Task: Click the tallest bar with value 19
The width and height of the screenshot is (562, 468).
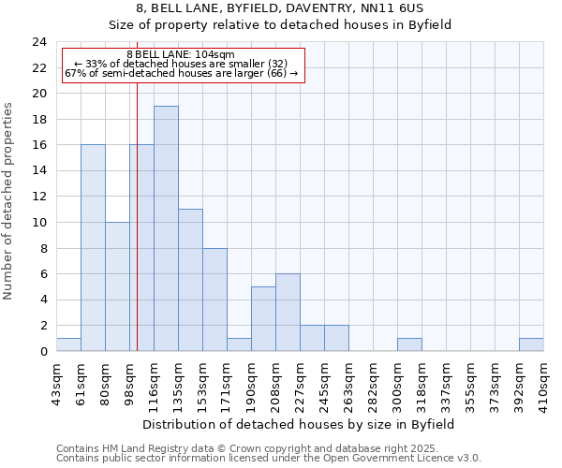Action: coord(166,228)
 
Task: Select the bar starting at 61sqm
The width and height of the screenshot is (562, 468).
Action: coord(93,248)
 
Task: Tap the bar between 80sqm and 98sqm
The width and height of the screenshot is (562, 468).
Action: coord(117,286)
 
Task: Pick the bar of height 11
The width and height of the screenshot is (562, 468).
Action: coord(190,280)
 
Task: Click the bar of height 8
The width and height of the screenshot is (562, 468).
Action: coord(214,300)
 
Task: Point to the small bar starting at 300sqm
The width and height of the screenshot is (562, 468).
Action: coord(409,344)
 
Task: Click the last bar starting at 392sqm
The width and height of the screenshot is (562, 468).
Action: coord(531,344)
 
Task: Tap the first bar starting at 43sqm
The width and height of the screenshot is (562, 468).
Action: coord(68,344)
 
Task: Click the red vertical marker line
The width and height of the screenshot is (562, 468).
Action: coord(137,234)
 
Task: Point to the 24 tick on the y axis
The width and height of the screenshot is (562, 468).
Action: coord(39,42)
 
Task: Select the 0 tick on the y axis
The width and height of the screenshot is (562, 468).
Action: coord(42,352)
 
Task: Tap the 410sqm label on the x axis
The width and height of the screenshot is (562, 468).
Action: coord(543,384)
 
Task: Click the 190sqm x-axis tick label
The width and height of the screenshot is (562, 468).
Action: coord(251,384)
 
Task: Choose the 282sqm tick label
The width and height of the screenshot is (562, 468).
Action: coord(373,384)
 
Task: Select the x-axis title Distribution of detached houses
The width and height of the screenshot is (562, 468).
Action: coord(300,424)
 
